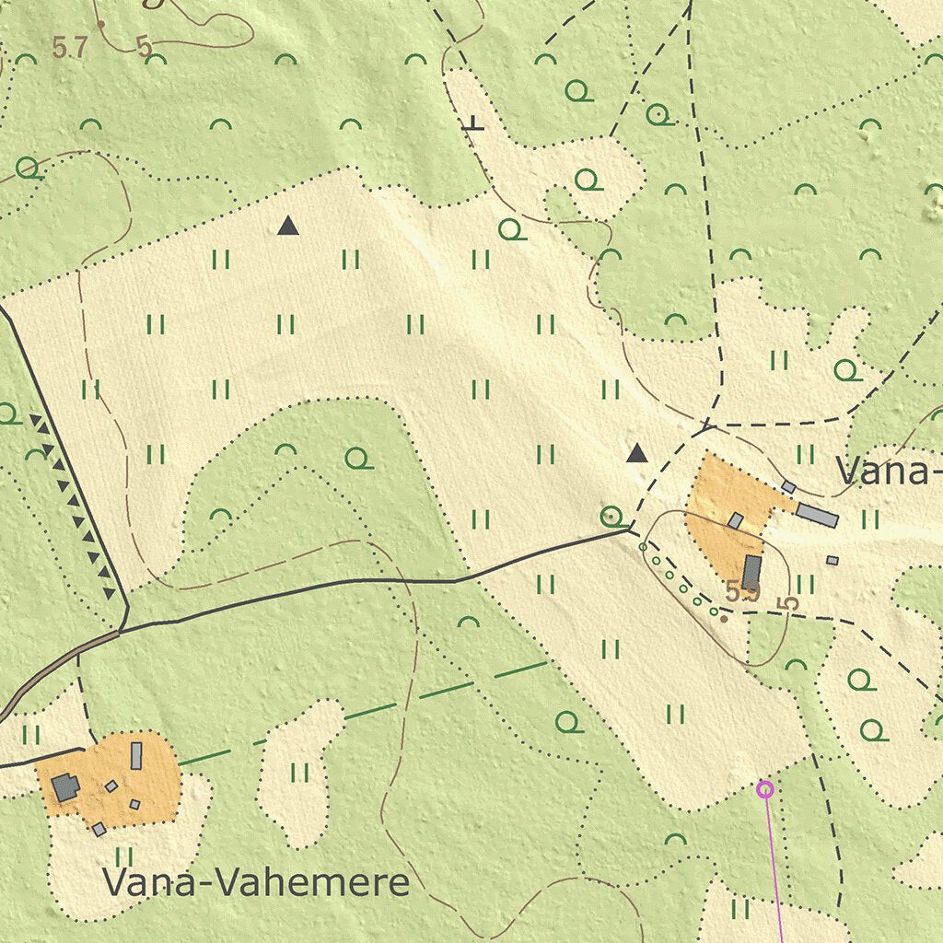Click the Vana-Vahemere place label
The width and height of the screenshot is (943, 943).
pyautogui.click(x=256, y=882)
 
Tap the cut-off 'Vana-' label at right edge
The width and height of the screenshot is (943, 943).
pyautogui.click(x=889, y=471)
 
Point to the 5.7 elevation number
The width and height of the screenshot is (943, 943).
pyautogui.click(x=69, y=48)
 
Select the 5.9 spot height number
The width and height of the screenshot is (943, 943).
pyautogui.click(x=741, y=593)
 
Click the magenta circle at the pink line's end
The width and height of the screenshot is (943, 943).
pyautogui.click(x=764, y=788)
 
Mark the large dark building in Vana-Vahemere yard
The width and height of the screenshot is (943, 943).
pyautogui.click(x=64, y=787)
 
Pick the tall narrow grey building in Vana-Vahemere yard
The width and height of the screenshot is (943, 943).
pyautogui.click(x=136, y=755)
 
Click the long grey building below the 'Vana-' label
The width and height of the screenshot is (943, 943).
pyautogui.click(x=817, y=515)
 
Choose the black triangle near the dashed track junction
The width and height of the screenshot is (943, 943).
pyautogui.click(x=636, y=453)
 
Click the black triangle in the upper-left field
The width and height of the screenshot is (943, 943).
pyautogui.click(x=288, y=225)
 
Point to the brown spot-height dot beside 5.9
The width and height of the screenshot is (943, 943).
pyautogui.click(x=724, y=619)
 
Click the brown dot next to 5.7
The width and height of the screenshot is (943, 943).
pyautogui.click(x=100, y=24)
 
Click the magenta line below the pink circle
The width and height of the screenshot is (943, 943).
pyautogui.click(x=774, y=866)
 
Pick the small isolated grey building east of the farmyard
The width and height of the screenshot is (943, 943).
pyautogui.click(x=832, y=560)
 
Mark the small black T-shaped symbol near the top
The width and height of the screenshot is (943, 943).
pyautogui.click(x=473, y=123)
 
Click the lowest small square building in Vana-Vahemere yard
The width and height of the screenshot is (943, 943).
pyautogui.click(x=99, y=829)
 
